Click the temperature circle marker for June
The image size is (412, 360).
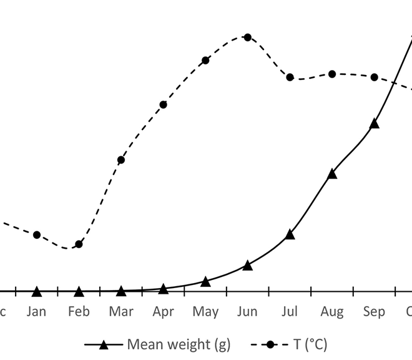click(247, 37)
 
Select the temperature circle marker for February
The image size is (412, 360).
click(79, 244)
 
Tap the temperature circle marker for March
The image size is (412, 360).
click(121, 160)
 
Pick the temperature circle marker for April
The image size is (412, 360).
click(163, 104)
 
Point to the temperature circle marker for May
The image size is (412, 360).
click(205, 60)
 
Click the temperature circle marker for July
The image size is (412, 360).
click(290, 77)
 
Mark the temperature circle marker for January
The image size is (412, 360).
click(37, 234)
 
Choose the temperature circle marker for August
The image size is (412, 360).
click(332, 74)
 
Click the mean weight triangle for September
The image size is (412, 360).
click(374, 124)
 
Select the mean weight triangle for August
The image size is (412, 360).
click(332, 174)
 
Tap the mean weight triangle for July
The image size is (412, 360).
click(290, 234)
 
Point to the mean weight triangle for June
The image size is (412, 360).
click(247, 265)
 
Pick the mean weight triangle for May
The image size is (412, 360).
click(205, 281)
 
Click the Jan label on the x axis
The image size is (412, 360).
click(37, 311)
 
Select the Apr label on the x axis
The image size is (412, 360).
click(163, 311)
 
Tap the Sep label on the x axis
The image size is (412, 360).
click(374, 311)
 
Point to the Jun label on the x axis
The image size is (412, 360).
click(247, 311)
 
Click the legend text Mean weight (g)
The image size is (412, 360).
click(179, 344)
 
